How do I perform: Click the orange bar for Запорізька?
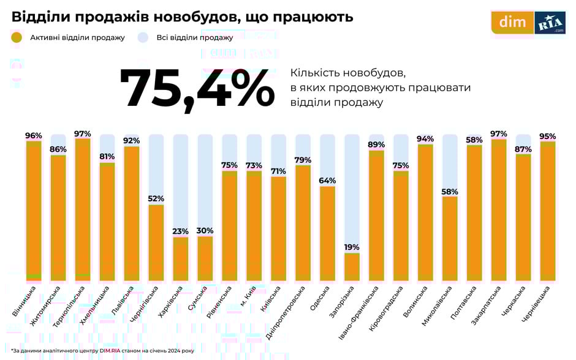tap(352, 267)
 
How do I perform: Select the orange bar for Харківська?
tap(181, 259)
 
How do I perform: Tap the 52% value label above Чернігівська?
tap(156, 198)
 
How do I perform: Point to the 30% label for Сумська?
tap(205, 231)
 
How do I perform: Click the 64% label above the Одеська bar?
tap(328, 181)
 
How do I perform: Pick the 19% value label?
tap(352, 247)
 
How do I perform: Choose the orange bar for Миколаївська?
tap(450, 239)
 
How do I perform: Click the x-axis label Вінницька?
tap(24, 300)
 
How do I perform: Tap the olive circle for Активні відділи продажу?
tap(17, 37)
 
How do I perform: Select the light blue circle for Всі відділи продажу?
tap(143, 37)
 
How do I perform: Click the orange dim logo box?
tap(512, 23)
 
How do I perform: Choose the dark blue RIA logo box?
tap(550, 23)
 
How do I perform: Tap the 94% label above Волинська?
tap(425, 139)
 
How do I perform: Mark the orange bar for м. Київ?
tap(254, 227)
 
